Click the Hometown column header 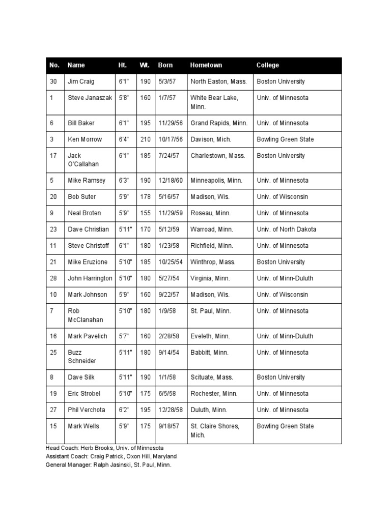click(x=206, y=65)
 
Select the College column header click(x=268, y=65)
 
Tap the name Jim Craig click(x=81, y=81)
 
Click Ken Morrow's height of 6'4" click(x=124, y=139)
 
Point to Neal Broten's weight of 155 click(x=146, y=213)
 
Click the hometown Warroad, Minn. click(x=212, y=229)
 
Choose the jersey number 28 click(x=53, y=278)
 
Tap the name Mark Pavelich click(x=88, y=336)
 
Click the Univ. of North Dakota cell click(x=286, y=229)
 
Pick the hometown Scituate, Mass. click(x=212, y=378)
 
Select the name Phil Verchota click(x=87, y=410)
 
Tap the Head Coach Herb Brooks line click(x=104, y=448)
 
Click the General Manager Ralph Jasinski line click(x=108, y=465)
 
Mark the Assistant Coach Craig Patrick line click(x=111, y=456)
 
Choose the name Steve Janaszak click(x=90, y=98)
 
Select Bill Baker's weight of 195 click(x=146, y=123)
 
